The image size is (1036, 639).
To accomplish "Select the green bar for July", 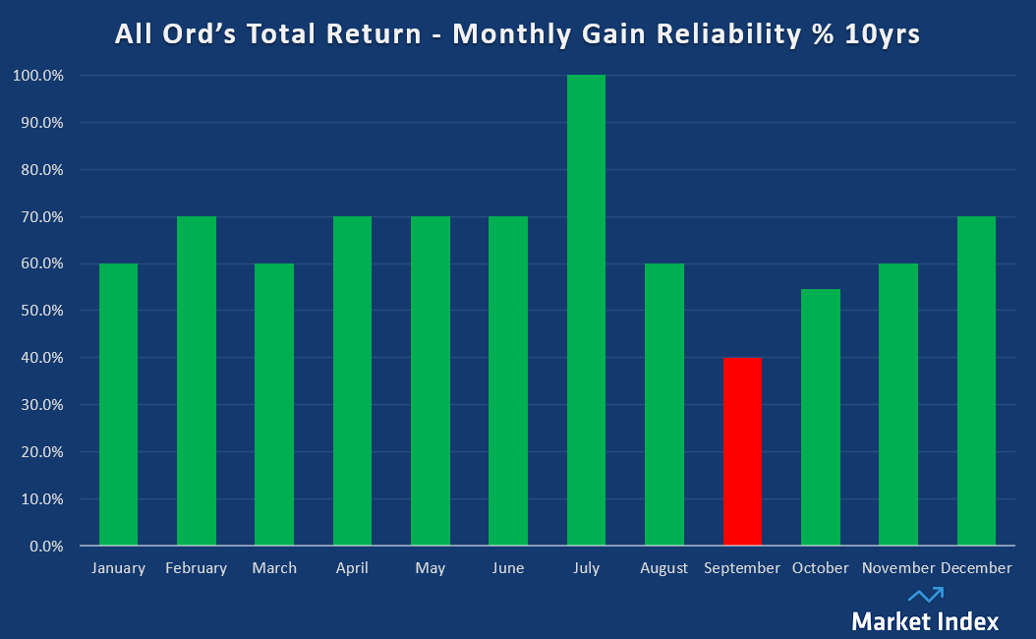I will (x=586, y=310).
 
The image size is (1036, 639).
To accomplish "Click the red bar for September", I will (x=742, y=451).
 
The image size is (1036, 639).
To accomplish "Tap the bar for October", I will (x=821, y=417).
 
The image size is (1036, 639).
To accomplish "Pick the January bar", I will (x=118, y=404).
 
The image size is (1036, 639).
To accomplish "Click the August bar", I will (x=664, y=404).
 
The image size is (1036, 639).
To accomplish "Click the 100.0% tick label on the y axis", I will (x=39, y=76).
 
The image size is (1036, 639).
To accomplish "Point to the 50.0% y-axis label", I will (x=42, y=311).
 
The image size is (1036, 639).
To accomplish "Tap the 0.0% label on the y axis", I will (x=45, y=546).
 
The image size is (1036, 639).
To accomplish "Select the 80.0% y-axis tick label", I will (x=42, y=170).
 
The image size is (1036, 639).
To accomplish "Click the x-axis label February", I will (x=196, y=568).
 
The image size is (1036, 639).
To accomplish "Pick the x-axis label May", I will (x=431, y=568).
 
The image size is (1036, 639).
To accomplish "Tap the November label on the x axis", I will (x=897, y=568).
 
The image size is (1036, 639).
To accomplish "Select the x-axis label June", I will (x=508, y=568).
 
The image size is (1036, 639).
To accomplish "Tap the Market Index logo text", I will (x=925, y=621).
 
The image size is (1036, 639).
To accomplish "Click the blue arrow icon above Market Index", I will (x=925, y=594).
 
